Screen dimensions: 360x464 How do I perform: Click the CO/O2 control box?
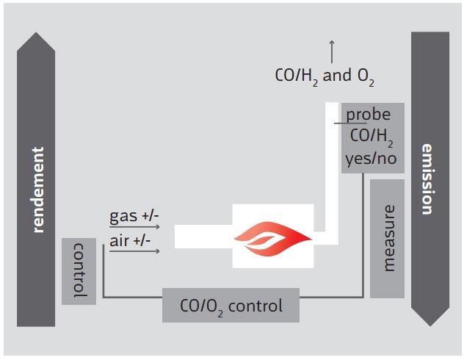[x=231, y=305]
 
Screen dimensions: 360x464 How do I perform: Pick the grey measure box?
[x=387, y=238]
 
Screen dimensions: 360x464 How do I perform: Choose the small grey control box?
[x=79, y=271]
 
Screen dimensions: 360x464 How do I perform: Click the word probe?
[x=369, y=115]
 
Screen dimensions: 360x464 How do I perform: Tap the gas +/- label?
[x=134, y=217]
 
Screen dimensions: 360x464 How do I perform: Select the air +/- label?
[x=131, y=241]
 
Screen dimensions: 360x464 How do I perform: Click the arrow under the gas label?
[x=134, y=228]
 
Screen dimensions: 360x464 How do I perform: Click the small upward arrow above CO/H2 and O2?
[x=332, y=51]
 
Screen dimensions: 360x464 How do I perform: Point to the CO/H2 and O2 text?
[x=323, y=77]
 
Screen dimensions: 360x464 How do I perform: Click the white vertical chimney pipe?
[x=331, y=169]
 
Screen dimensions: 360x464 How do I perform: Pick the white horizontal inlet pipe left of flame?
[x=203, y=237]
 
